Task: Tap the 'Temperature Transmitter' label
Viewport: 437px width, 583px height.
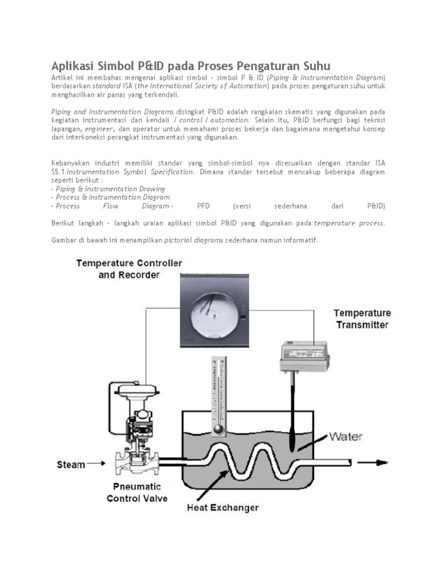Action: click(x=362, y=319)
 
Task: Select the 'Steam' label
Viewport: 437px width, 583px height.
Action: click(x=71, y=464)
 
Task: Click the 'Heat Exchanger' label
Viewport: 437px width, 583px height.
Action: click(x=224, y=507)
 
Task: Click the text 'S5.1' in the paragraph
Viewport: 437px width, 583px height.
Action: click(x=59, y=171)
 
